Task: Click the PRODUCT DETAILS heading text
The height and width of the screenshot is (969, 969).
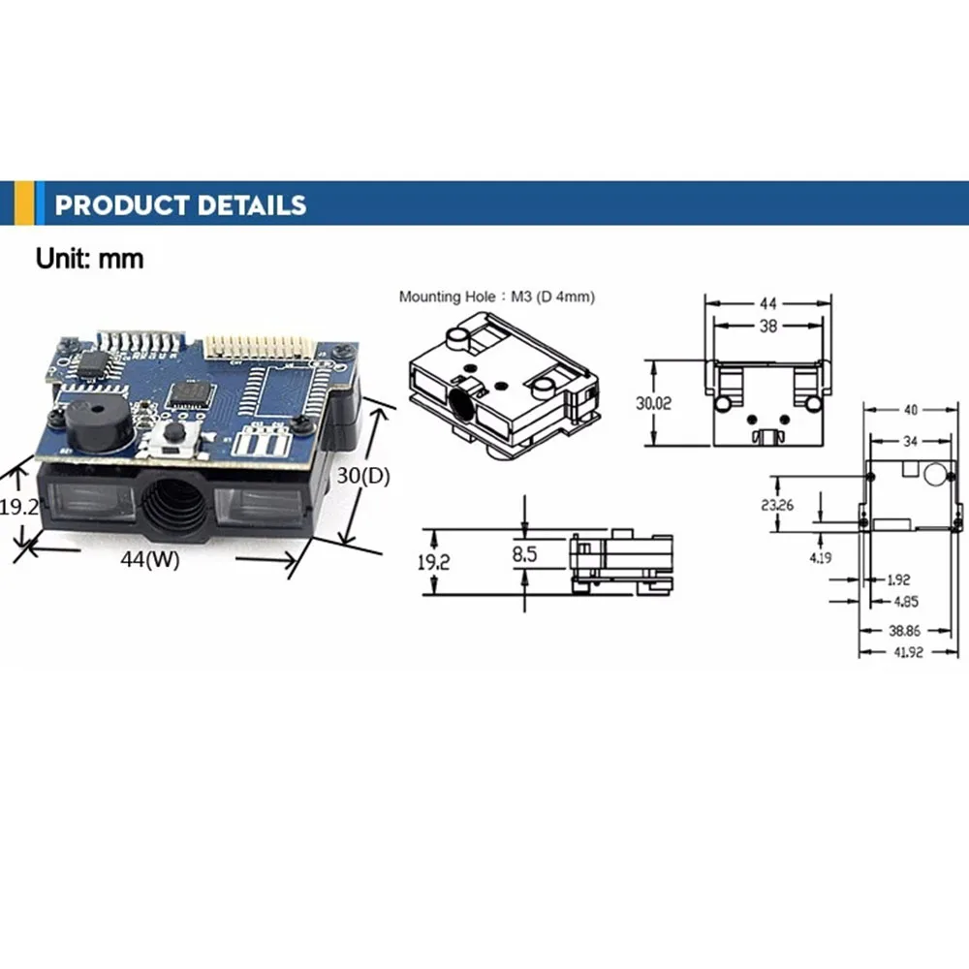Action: click(x=180, y=204)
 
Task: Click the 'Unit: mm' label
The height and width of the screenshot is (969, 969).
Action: click(x=89, y=259)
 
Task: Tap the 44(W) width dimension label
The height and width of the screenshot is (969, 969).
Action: click(x=150, y=559)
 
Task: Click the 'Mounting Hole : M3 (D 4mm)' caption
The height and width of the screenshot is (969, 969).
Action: click(x=497, y=297)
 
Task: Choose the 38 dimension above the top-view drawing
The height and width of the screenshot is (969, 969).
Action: click(x=767, y=327)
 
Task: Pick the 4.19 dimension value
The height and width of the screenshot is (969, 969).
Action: click(x=821, y=558)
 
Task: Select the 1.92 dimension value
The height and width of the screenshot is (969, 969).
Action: click(x=898, y=580)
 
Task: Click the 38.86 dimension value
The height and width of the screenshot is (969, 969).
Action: click(x=903, y=629)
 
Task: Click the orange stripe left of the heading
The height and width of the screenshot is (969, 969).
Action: click(x=38, y=204)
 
